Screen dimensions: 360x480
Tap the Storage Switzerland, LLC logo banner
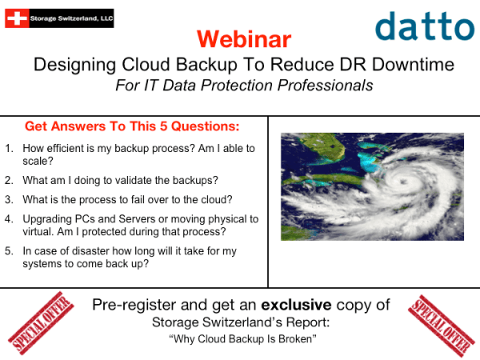(x=58, y=15)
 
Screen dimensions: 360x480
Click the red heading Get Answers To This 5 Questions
(x=133, y=126)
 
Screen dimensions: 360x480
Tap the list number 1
(x=9, y=148)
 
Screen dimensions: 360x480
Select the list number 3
(x=9, y=199)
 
